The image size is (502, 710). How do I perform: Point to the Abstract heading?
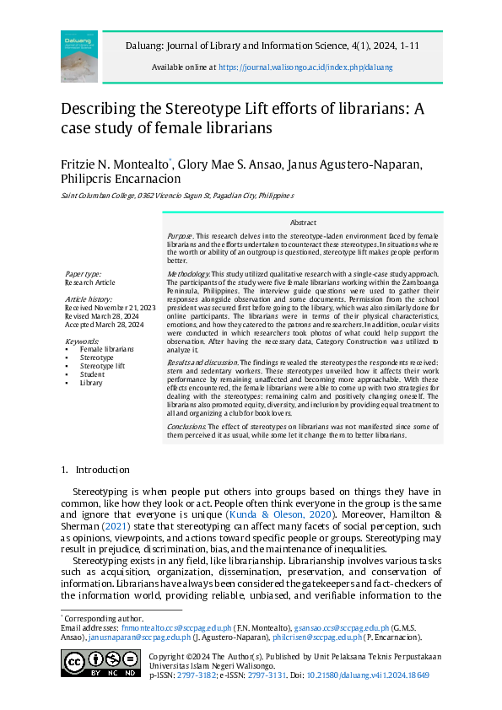(x=303, y=222)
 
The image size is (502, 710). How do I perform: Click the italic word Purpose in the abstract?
(x=181, y=235)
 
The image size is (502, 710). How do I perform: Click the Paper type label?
(x=83, y=274)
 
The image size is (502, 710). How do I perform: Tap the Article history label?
(x=89, y=299)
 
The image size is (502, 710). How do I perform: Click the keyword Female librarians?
(x=106, y=348)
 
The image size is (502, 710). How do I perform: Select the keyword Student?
(x=93, y=374)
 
